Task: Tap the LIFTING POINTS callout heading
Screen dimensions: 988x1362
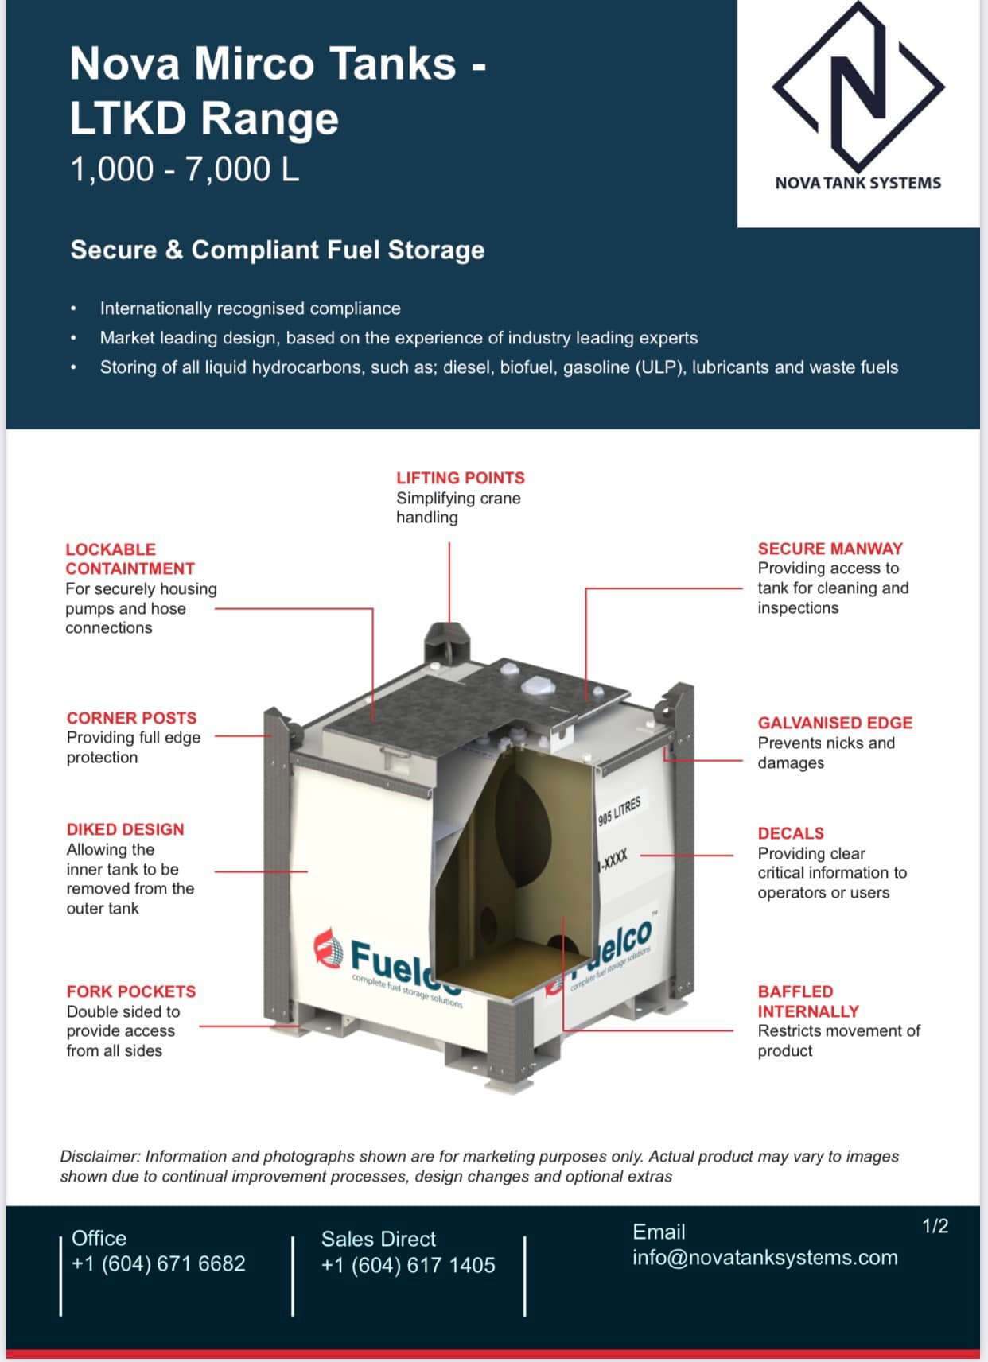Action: (x=460, y=478)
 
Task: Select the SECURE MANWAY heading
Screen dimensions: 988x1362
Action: (x=830, y=549)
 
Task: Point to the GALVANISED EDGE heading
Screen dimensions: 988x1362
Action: (x=834, y=723)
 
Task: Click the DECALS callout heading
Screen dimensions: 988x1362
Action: (x=790, y=833)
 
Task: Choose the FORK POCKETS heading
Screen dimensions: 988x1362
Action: (x=131, y=991)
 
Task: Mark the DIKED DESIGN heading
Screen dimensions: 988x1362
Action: (x=126, y=829)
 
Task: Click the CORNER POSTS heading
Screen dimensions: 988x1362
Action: (x=131, y=717)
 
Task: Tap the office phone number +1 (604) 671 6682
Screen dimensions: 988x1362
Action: (x=158, y=1263)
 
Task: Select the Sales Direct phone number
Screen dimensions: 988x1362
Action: (x=408, y=1265)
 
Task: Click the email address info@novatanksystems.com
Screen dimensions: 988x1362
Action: (x=764, y=1257)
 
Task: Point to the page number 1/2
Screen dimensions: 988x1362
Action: (x=935, y=1225)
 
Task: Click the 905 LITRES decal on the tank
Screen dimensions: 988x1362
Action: (x=620, y=812)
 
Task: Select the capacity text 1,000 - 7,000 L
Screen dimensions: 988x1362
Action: (x=185, y=169)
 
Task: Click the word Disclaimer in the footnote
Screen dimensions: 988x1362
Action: (x=99, y=1156)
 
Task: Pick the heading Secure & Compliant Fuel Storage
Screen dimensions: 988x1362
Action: (x=278, y=250)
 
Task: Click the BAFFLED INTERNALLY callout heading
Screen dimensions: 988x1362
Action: (x=808, y=1001)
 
